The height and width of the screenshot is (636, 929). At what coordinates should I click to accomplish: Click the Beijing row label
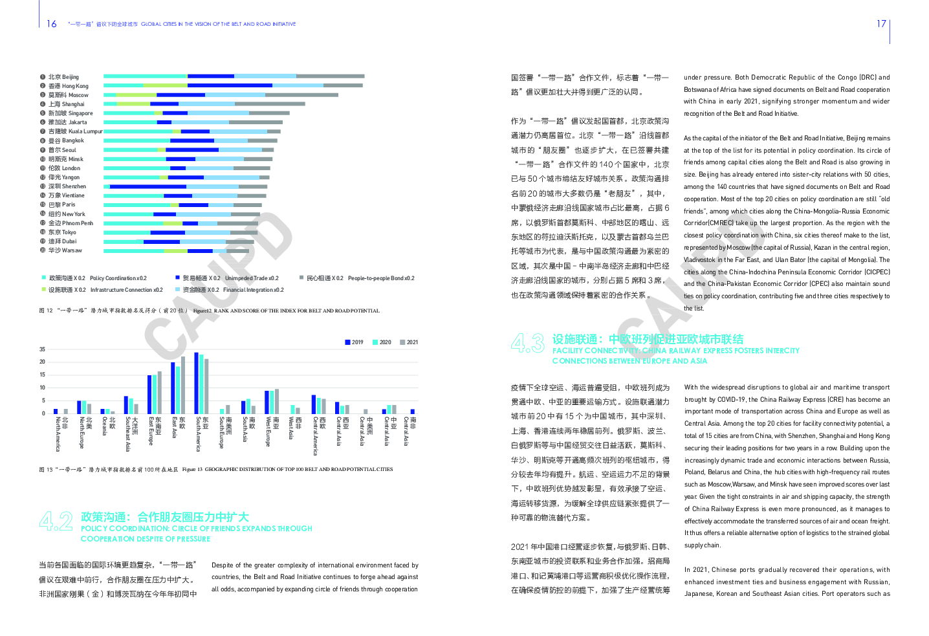tap(63, 77)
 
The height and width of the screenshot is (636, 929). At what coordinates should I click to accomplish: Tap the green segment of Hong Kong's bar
tap(164, 85)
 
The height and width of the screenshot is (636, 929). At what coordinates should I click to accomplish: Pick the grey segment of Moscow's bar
tap(301, 94)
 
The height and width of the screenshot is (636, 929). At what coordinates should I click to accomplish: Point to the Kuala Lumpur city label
tap(75, 131)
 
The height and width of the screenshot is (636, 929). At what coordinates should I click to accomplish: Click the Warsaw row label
tap(65, 250)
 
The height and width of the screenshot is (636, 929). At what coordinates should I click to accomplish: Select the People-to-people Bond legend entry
tap(360, 278)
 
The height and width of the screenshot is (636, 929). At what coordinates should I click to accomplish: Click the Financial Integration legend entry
tap(233, 290)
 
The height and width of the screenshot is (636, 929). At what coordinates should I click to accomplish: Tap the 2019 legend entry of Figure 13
tap(354, 342)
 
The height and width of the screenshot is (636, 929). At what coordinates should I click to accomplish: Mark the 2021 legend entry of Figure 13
tap(409, 342)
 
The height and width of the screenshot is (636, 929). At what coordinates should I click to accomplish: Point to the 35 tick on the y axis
tap(42, 349)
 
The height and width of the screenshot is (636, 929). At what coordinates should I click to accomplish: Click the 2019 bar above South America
tap(196, 382)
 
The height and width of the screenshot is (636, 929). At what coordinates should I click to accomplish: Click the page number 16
tap(52, 24)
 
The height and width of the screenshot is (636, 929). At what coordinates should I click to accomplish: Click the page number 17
tap(881, 24)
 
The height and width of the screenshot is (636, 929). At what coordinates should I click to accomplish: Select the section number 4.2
tap(56, 521)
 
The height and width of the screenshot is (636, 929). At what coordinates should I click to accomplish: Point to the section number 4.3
tap(527, 342)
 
